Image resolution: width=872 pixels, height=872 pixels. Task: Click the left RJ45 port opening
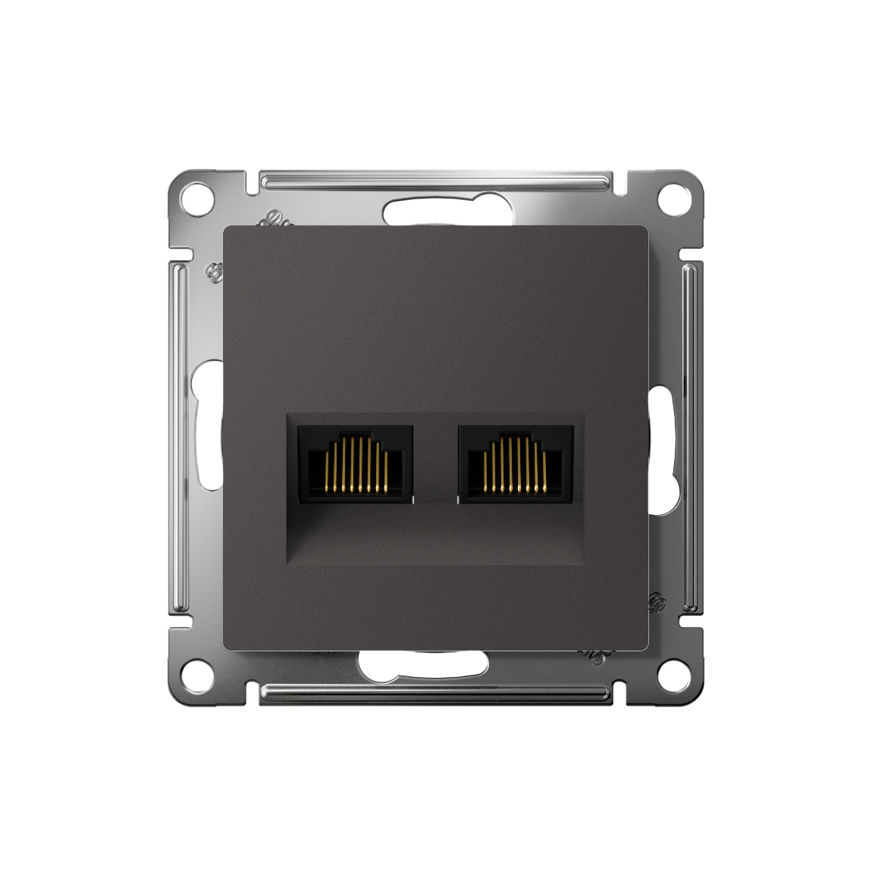(355, 463)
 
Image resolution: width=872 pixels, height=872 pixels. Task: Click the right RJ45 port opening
(516, 463)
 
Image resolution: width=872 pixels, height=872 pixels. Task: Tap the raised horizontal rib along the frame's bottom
(436, 690)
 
